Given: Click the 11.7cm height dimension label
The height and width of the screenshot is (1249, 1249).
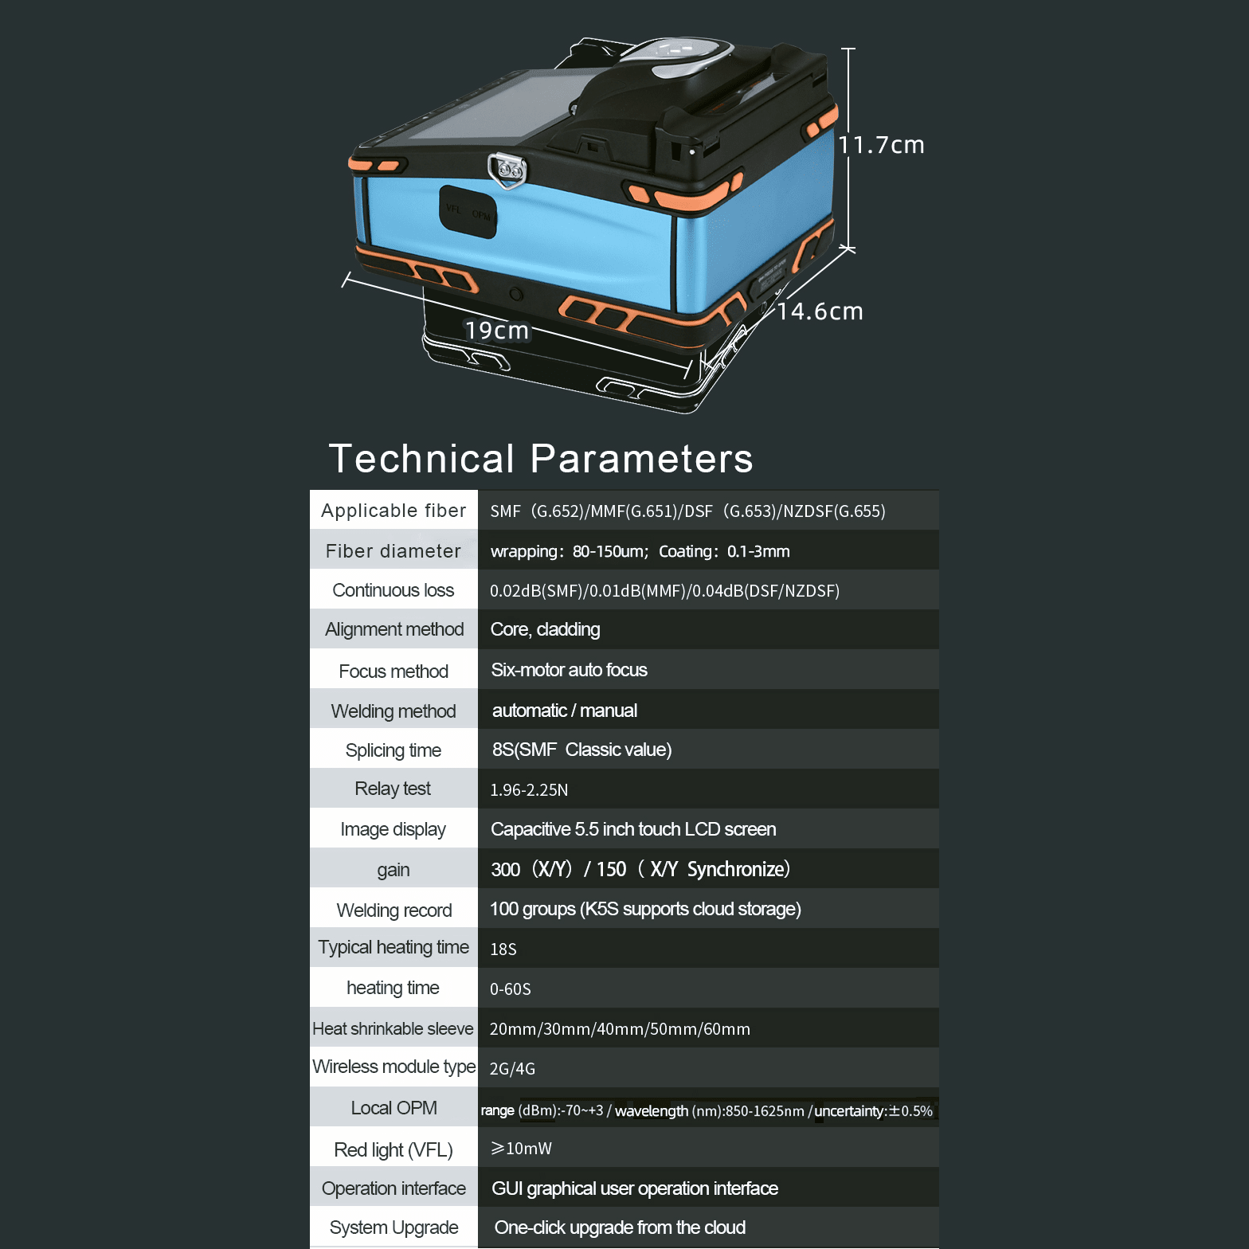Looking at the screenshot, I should [881, 145].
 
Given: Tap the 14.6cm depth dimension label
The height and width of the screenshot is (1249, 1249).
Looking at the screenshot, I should [820, 311].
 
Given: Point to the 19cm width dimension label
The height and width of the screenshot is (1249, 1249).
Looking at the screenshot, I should [497, 331].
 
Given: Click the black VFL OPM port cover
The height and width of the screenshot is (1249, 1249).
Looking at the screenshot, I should [468, 212].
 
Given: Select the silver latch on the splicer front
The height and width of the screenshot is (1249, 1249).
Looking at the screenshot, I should [507, 170].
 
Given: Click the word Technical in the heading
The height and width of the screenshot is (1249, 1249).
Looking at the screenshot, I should [421, 459].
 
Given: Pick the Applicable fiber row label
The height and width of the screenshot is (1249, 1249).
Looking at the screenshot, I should [393, 511].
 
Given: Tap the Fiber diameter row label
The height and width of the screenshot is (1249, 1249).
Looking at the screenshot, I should [393, 551].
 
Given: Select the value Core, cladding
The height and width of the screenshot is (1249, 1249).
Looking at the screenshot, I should [545, 629].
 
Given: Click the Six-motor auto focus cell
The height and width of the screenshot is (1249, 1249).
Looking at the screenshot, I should [569, 670].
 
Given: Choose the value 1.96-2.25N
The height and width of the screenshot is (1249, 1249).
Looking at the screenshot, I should [529, 790].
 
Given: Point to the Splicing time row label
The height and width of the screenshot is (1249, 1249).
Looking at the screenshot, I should [393, 750].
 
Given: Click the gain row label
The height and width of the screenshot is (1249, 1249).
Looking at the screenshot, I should [393, 870].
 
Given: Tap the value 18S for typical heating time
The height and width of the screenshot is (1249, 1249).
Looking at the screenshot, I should [503, 949].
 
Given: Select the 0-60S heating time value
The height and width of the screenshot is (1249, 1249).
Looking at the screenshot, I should [510, 989].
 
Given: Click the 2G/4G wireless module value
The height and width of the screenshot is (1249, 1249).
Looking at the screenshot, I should [512, 1069].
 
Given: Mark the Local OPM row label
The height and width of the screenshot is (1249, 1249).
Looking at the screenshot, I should [393, 1108].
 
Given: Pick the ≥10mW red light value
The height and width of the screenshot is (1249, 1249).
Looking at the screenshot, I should [521, 1149].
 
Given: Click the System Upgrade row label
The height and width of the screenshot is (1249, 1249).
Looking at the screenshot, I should [393, 1227].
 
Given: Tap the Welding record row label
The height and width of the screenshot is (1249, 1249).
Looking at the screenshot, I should [393, 910].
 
